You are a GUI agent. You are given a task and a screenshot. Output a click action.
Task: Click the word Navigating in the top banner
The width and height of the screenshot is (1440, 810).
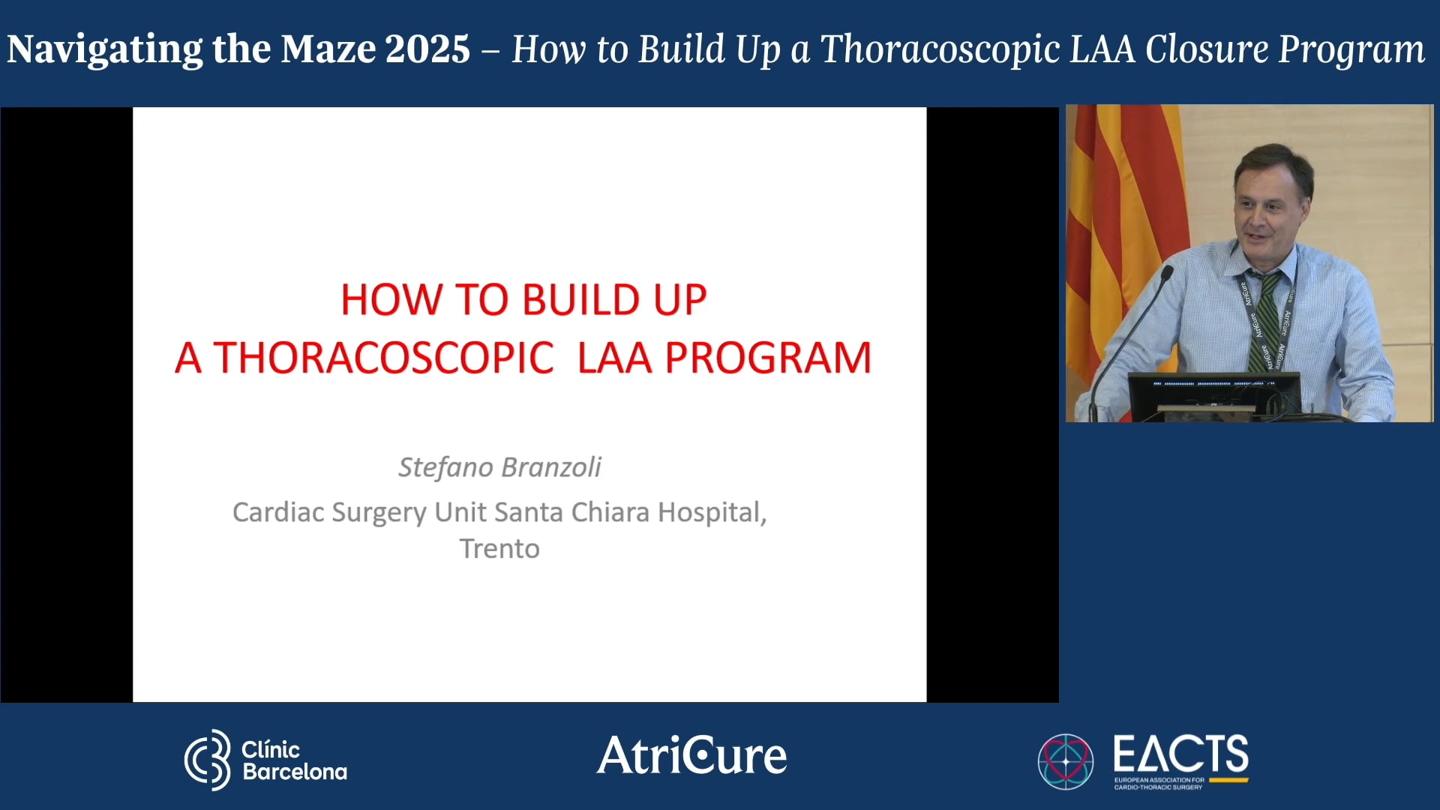[104, 49]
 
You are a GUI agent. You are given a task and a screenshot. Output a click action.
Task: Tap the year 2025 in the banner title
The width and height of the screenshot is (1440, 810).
[427, 49]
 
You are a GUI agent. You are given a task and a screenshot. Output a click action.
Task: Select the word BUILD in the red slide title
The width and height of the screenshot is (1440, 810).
[580, 300]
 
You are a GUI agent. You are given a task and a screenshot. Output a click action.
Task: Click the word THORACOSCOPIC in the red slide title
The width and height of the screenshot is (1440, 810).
[384, 358]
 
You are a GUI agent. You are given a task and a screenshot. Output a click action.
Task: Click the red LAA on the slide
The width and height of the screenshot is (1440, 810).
[614, 358]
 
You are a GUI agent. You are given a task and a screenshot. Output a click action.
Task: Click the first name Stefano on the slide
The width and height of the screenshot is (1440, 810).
[444, 467]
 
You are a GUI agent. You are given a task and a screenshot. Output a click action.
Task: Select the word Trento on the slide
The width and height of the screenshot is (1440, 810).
[499, 549]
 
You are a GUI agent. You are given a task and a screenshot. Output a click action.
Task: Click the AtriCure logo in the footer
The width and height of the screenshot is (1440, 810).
[691, 755]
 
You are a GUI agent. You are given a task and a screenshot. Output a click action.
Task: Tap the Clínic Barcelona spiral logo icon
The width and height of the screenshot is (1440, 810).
[208, 760]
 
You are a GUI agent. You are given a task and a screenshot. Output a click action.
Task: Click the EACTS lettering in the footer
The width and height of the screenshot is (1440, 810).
[1180, 754]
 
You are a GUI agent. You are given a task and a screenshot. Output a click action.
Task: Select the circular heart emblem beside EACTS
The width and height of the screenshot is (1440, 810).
[1065, 760]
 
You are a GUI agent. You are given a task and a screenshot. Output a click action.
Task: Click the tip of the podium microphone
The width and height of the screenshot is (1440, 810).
[1167, 271]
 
